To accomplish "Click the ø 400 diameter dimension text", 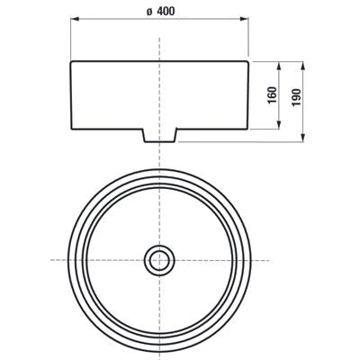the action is [160, 12].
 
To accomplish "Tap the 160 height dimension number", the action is [273, 95].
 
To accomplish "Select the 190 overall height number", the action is [296, 97].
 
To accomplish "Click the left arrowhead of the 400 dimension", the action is [74, 19].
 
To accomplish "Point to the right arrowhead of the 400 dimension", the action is [245, 19].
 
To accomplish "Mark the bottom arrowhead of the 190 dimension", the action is [303, 138].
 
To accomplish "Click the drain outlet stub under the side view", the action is [159, 136].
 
